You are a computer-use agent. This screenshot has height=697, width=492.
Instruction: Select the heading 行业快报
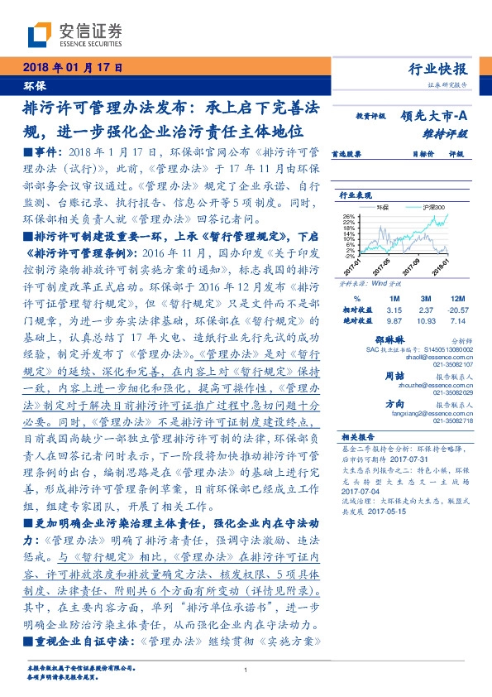438,69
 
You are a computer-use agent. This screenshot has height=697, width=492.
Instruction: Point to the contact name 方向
394,404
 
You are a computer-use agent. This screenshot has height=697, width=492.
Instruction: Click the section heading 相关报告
357,436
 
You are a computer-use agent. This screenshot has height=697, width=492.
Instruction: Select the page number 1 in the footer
246,671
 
